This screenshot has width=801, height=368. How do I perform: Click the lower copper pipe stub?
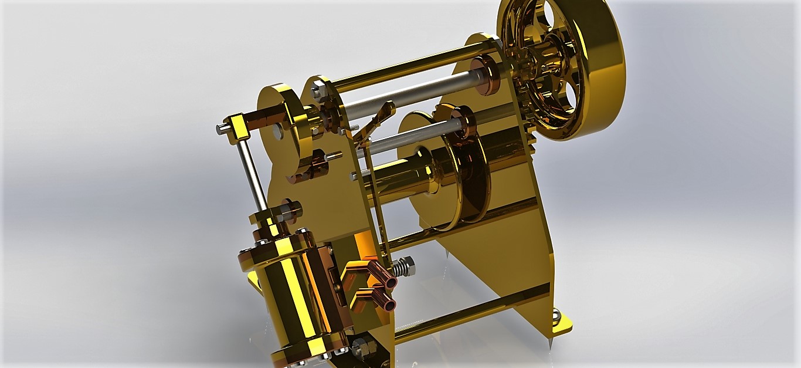pyautogui.click(x=385, y=302)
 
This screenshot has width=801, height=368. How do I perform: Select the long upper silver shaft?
pyautogui.click(x=410, y=94)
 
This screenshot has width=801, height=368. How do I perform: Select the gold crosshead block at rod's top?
pyautogui.click(x=237, y=124)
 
